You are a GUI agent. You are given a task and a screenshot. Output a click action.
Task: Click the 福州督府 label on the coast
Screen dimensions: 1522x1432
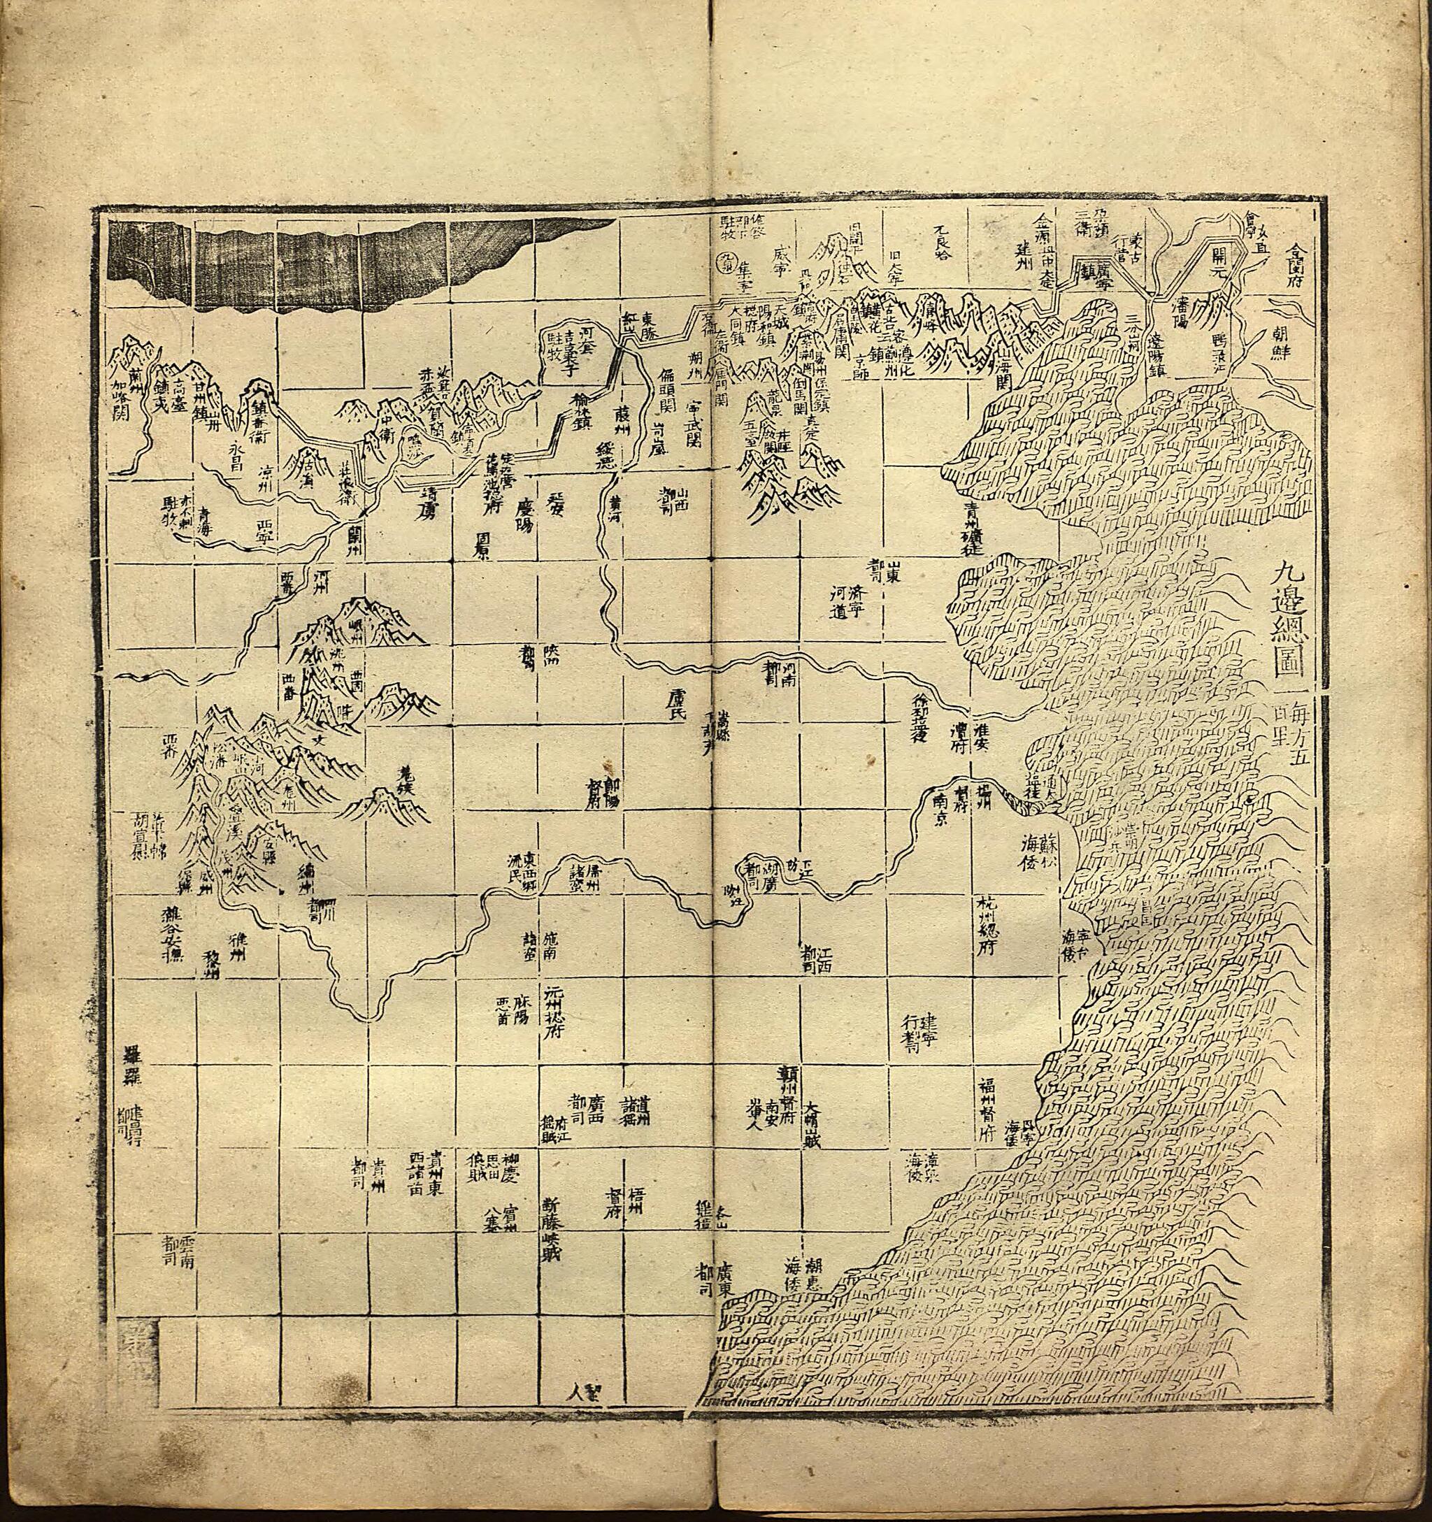tap(989, 1118)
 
